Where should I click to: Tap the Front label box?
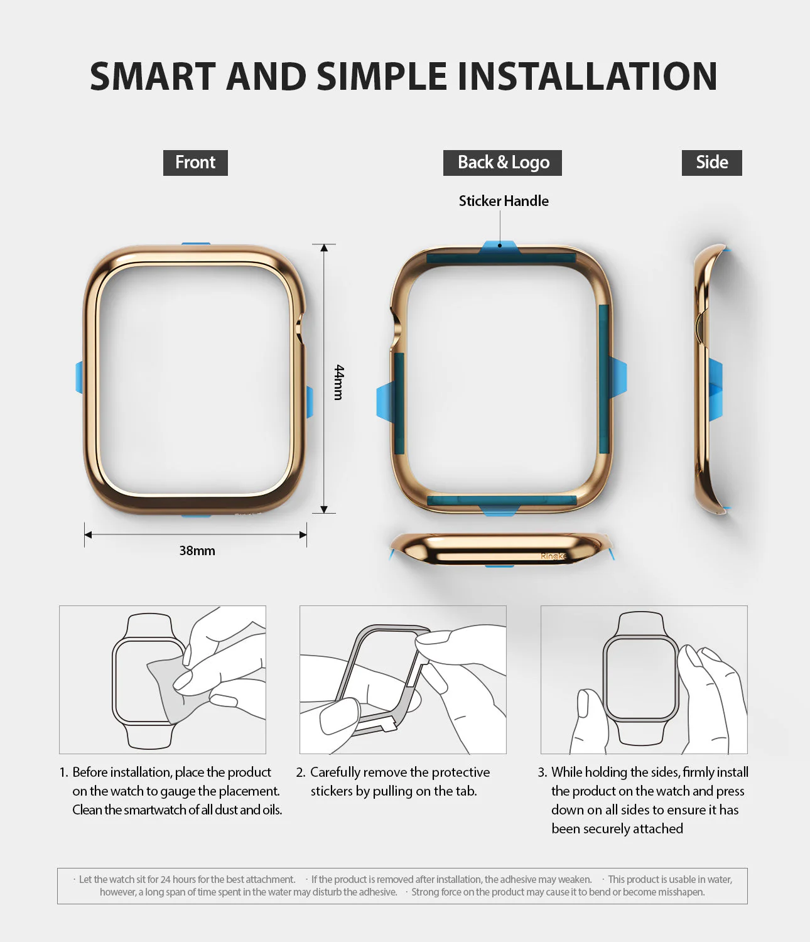point(195,163)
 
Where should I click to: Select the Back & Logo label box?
point(502,163)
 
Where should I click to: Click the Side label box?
point(711,163)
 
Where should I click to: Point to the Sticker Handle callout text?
point(503,201)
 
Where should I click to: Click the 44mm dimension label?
point(339,382)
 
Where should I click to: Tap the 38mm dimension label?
point(197,551)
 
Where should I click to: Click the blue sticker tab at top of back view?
point(500,247)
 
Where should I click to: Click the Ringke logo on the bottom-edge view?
point(553,556)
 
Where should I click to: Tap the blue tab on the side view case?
point(716,389)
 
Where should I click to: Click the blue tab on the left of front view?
point(79,377)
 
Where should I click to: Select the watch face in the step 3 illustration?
point(640,678)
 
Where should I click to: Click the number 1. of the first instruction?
point(63,772)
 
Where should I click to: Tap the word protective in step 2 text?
point(457,772)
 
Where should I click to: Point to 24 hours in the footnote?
point(175,879)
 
